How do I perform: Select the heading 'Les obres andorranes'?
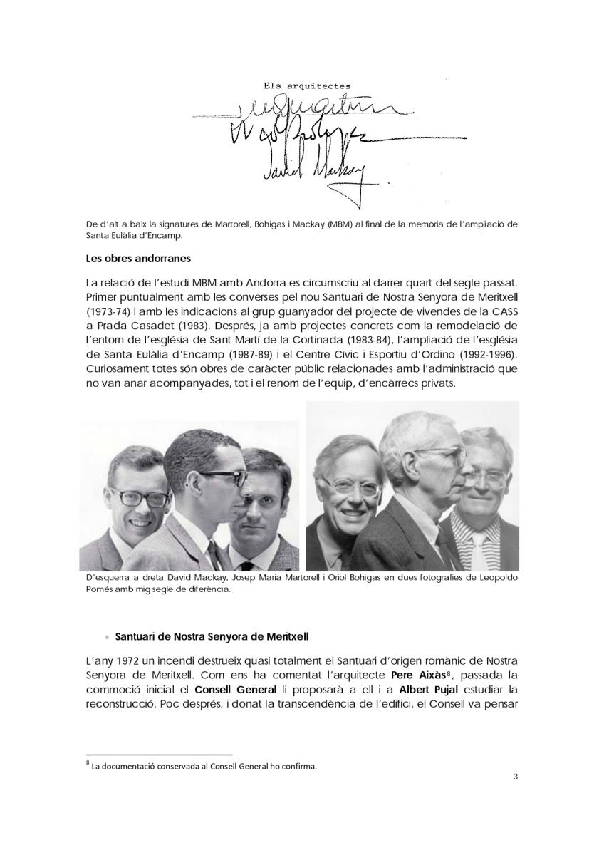(x=135, y=257)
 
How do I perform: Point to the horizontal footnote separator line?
(x=159, y=754)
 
